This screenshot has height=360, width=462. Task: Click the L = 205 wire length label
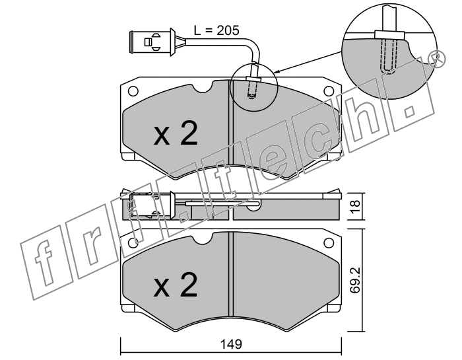[216, 30]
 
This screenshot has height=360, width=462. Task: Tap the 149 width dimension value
[231, 344]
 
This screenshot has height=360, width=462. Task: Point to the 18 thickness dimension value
[355, 207]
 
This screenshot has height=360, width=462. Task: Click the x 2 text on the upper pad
[176, 134]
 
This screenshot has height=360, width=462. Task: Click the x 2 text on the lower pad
[176, 284]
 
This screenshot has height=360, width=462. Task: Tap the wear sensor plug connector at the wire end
[152, 42]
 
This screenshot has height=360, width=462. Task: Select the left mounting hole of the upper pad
[133, 90]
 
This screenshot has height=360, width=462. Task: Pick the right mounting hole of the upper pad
[329, 90]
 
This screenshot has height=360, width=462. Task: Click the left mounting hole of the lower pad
[133, 242]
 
